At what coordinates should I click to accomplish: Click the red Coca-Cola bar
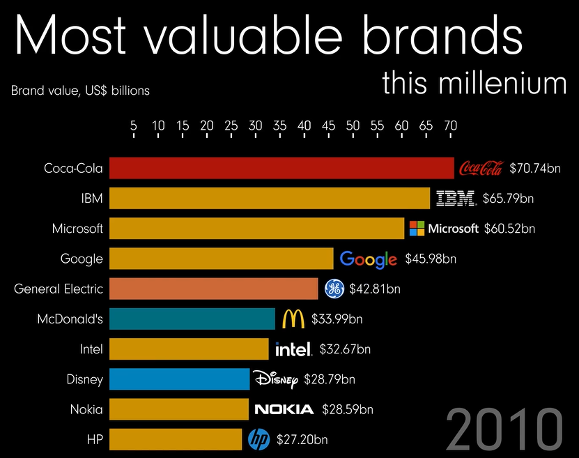(281, 168)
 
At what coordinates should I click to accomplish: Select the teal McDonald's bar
(192, 319)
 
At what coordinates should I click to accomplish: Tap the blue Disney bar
(179, 379)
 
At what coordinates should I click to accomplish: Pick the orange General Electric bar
(214, 289)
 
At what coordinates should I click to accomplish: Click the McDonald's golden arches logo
(293, 319)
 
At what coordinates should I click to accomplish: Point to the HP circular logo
(258, 439)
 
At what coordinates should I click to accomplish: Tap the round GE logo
(334, 289)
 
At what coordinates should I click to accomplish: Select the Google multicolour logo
(368, 259)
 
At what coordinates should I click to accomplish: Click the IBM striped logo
(456, 199)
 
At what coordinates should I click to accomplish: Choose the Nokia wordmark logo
(284, 409)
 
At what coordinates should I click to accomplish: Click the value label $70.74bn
(535, 168)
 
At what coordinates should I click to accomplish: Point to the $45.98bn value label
(431, 259)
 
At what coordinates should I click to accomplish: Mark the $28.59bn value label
(346, 409)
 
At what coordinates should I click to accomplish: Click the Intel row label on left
(91, 349)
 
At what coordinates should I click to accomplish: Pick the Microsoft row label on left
(77, 228)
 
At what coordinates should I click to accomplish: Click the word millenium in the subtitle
(502, 83)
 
